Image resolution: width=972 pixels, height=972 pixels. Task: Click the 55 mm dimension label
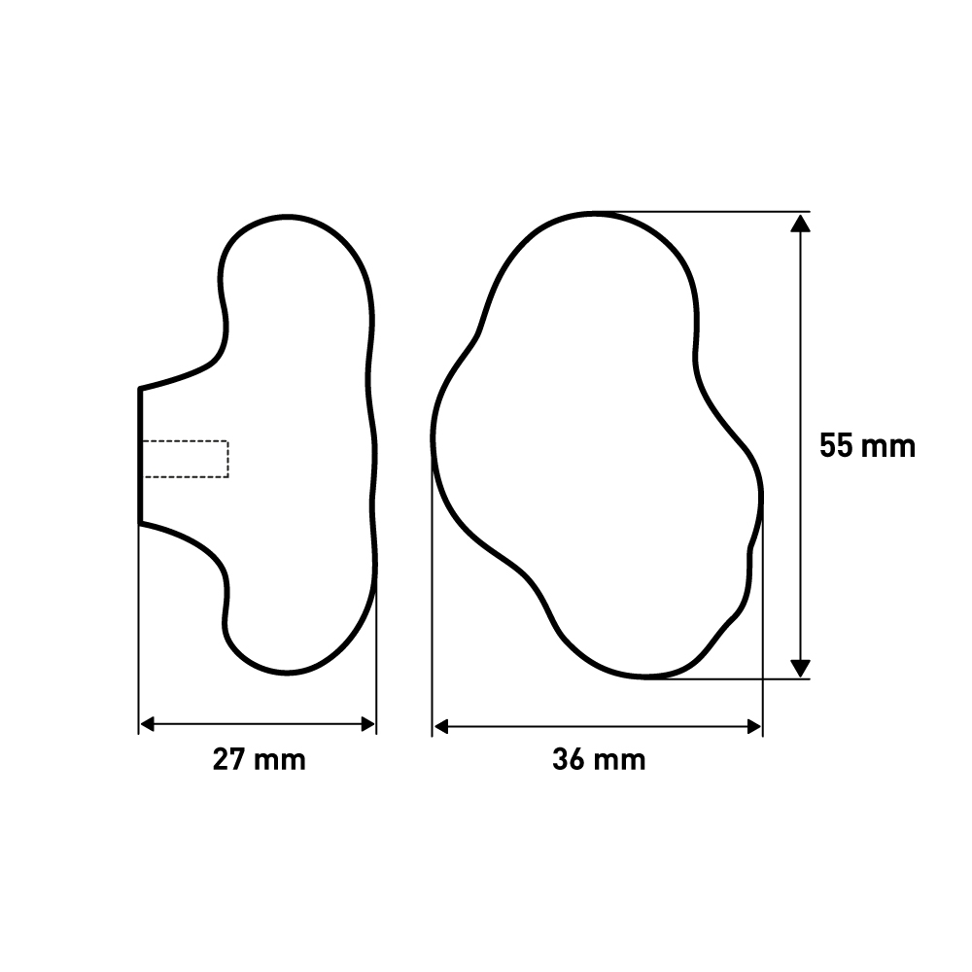867,446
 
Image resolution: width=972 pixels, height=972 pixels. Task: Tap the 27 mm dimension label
260,759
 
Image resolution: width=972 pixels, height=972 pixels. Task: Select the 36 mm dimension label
599,759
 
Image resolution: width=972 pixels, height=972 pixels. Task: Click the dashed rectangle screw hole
185,459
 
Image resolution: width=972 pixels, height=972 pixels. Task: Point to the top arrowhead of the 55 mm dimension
800,224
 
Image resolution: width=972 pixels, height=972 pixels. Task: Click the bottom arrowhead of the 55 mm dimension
800,669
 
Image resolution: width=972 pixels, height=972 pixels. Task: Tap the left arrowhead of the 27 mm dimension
148,724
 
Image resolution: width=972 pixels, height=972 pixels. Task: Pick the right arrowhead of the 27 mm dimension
368,724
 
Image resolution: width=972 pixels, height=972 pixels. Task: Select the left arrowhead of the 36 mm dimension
440,726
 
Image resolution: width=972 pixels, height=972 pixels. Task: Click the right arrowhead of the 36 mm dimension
754,726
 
